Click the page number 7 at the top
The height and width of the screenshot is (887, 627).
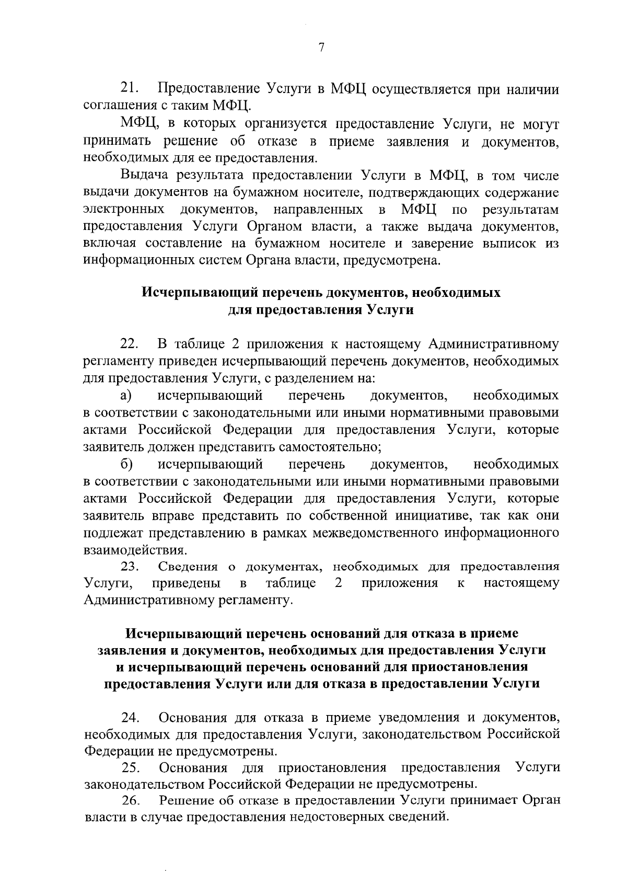[321, 48]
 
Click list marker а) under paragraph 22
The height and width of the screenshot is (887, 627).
[125, 396]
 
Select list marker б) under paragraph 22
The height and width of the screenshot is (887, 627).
[125, 464]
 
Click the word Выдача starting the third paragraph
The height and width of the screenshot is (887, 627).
[140, 175]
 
